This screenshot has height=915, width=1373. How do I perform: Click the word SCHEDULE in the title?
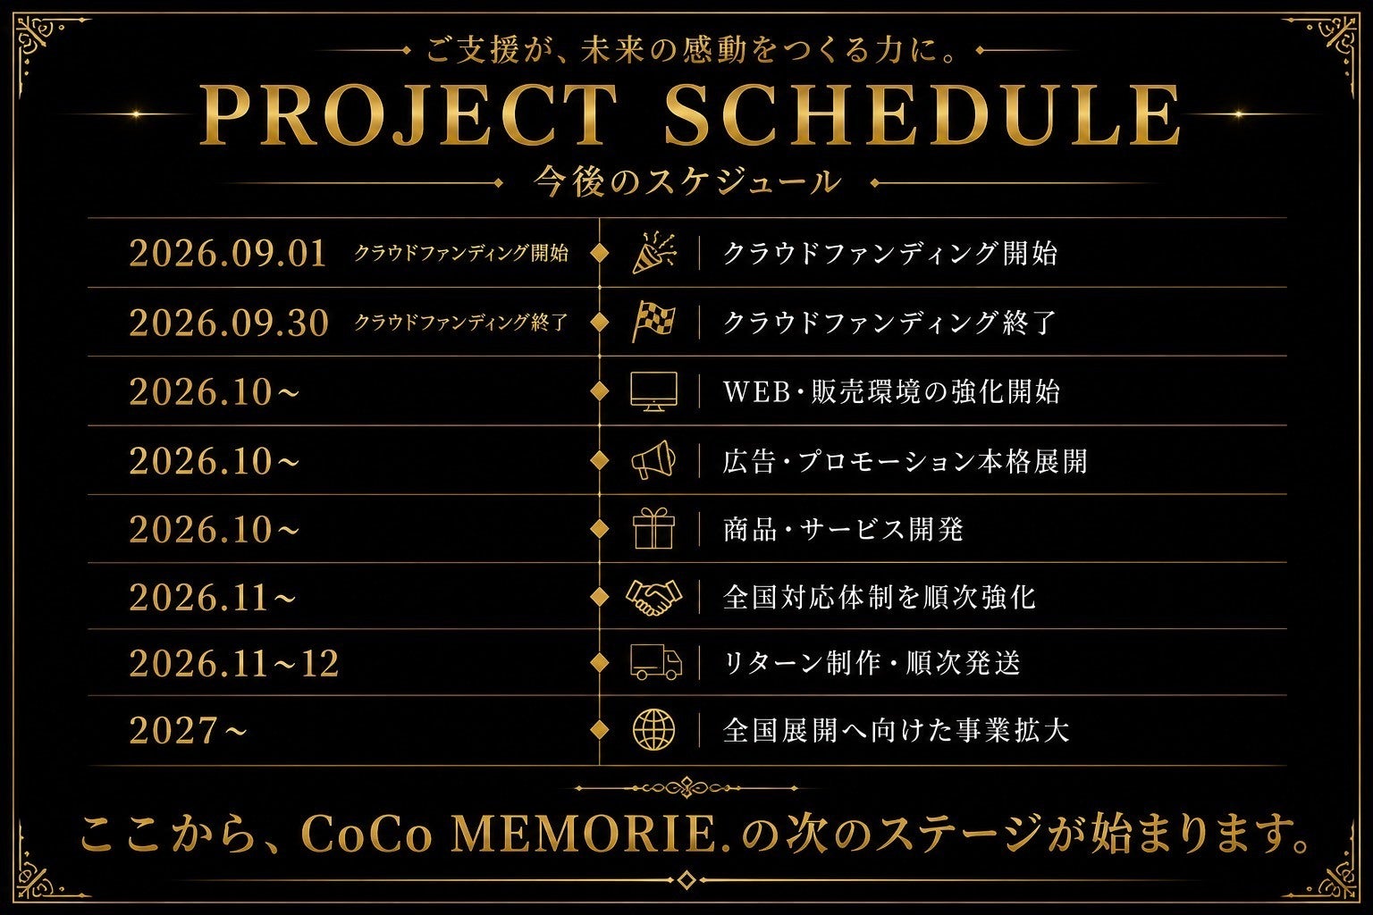[922, 115]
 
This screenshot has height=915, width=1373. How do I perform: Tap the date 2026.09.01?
[227, 253]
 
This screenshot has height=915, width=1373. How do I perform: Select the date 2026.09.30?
[229, 323]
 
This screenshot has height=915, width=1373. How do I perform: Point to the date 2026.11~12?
[233, 663]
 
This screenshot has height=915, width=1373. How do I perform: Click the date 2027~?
[189, 730]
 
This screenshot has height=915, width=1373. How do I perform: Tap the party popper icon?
[654, 253]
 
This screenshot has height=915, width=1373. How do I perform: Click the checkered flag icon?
[653, 322]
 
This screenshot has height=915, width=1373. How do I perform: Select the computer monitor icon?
[654, 391]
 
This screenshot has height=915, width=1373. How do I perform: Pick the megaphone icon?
[653, 459]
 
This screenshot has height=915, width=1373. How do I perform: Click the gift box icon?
[654, 528]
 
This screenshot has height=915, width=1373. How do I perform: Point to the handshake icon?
[653, 597]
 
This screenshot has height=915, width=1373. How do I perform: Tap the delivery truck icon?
[656, 662]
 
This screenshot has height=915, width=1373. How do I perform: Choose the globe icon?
[654, 730]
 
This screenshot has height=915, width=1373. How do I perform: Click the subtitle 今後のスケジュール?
[686, 182]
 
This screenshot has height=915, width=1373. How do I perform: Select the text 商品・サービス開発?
[844, 529]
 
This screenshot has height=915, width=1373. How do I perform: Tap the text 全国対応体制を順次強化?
[880, 597]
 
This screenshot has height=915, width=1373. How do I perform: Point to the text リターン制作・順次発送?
[872, 663]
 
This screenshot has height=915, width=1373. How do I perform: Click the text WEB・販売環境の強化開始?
[892, 391]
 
